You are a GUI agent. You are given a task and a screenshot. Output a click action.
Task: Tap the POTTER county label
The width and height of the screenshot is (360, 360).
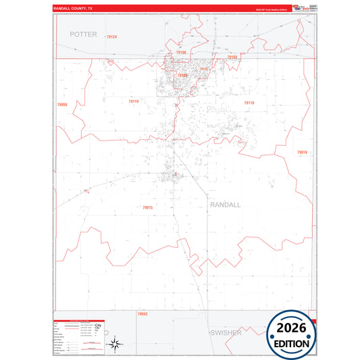84,34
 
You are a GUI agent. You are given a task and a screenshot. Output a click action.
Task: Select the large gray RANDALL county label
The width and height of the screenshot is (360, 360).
226,204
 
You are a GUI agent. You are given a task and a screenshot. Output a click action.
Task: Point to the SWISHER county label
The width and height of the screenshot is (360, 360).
225,333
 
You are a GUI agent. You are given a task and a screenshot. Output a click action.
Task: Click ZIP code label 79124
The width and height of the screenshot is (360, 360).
111,37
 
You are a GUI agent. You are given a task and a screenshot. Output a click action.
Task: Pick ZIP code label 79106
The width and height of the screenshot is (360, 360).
181,52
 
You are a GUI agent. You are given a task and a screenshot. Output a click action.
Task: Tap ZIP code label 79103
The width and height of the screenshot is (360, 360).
232,58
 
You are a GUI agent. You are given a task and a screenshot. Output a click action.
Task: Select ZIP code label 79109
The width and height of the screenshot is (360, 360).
182,76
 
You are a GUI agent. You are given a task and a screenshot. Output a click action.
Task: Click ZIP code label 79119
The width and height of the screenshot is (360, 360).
134,101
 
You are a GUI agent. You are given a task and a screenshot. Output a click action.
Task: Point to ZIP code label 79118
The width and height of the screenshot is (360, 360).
249,103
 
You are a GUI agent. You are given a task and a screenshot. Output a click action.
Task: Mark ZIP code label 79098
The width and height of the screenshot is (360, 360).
63,104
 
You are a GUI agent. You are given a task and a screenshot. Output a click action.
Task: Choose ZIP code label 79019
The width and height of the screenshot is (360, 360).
302,153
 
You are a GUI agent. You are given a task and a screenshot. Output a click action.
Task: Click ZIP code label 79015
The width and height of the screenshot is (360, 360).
148,207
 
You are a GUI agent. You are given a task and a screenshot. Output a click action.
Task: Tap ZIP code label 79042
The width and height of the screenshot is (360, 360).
143,314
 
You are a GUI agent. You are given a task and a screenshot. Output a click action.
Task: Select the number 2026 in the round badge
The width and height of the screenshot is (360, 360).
292,328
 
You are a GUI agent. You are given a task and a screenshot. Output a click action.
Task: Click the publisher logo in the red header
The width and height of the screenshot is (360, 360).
292,8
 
